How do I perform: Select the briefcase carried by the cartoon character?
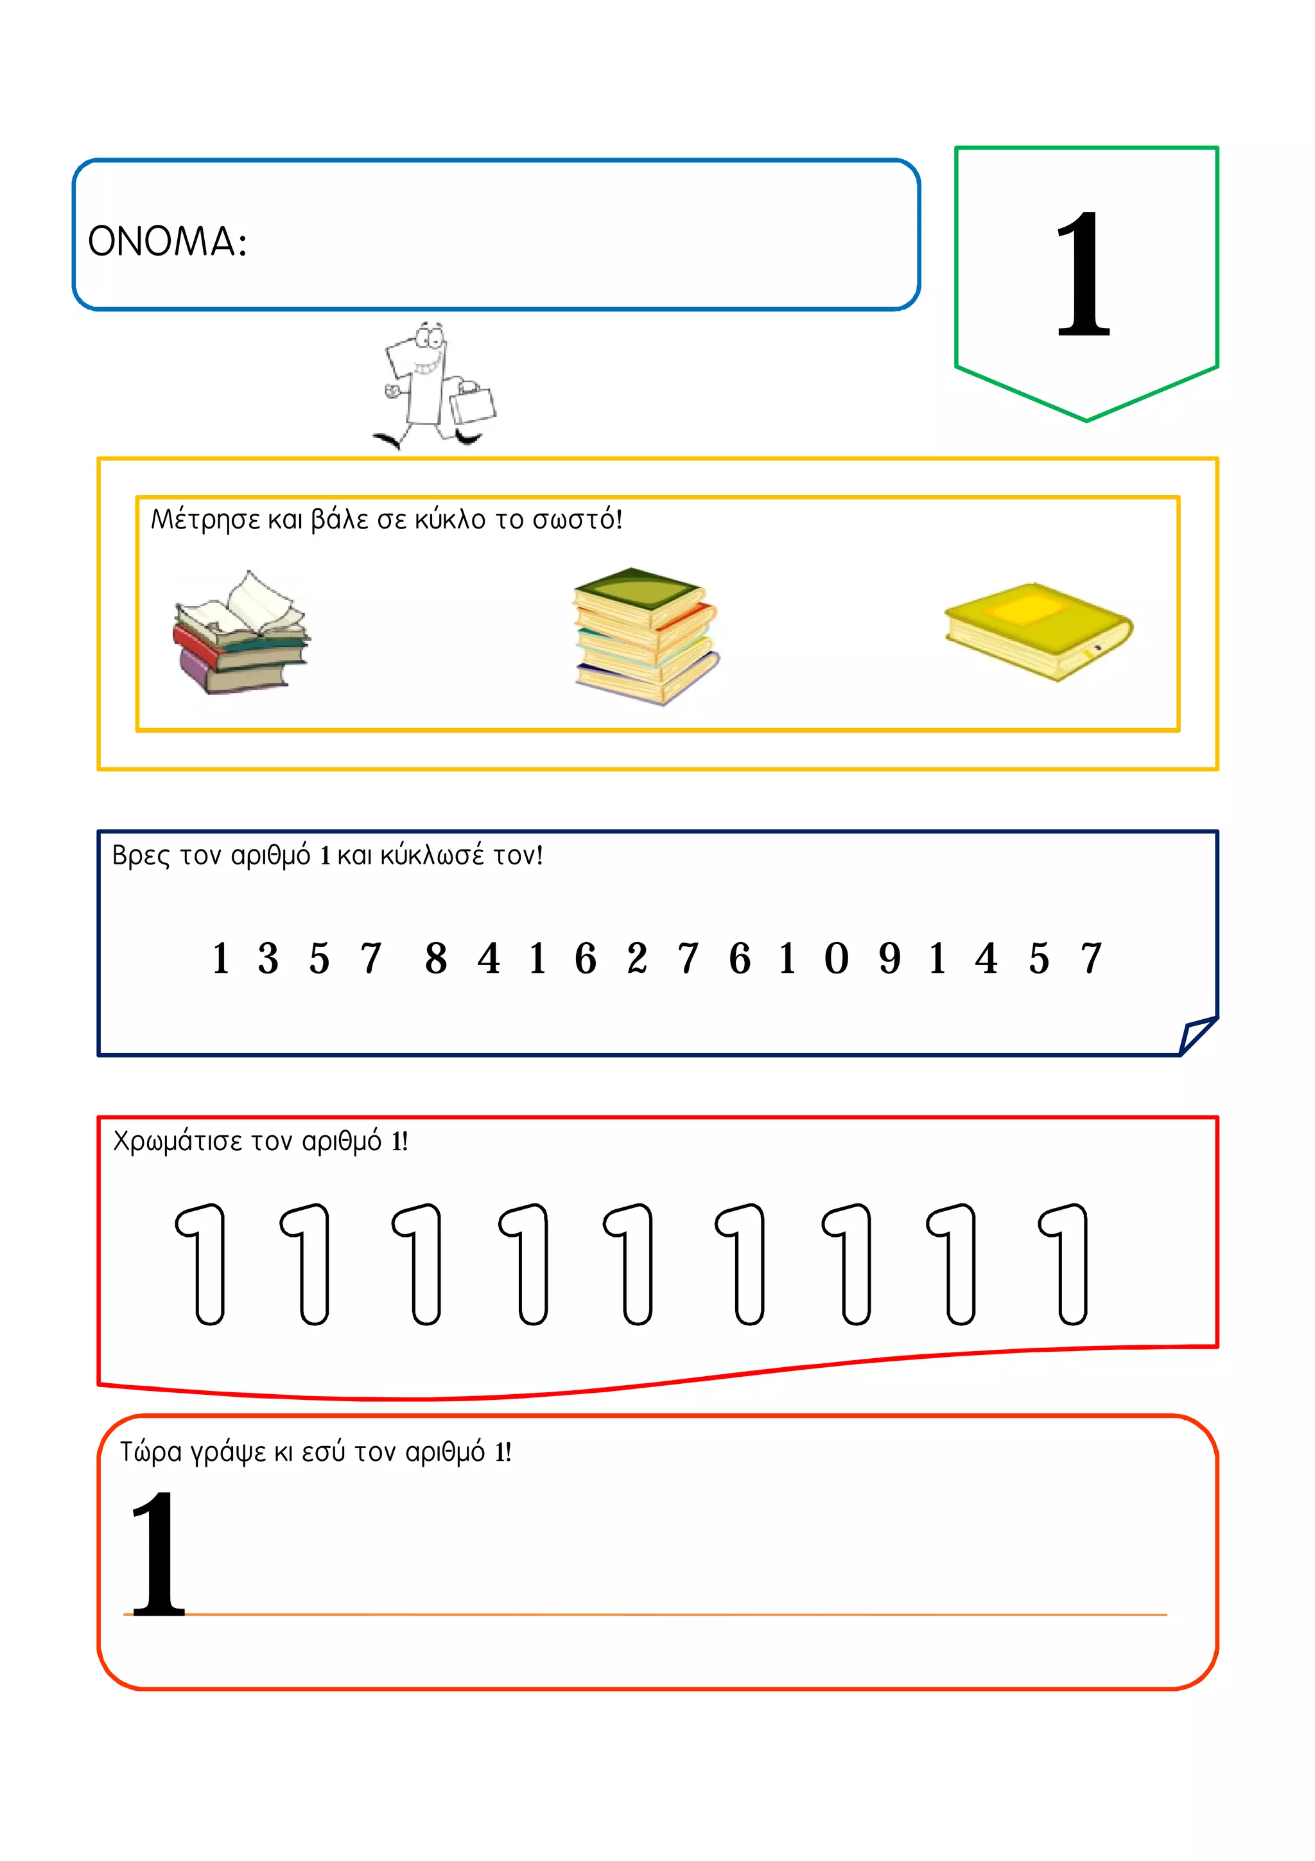[473, 403]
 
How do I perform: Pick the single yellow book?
[1038, 631]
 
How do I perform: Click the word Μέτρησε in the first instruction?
[206, 520]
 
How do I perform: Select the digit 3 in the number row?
[268, 958]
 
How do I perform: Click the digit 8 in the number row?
[436, 958]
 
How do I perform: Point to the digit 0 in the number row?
[836, 958]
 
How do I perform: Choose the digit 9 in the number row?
[890, 958]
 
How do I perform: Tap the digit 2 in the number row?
[637, 958]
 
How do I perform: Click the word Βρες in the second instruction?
[141, 856]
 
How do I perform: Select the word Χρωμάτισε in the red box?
[177, 1142]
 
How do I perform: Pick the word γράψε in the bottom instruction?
[228, 1453]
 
